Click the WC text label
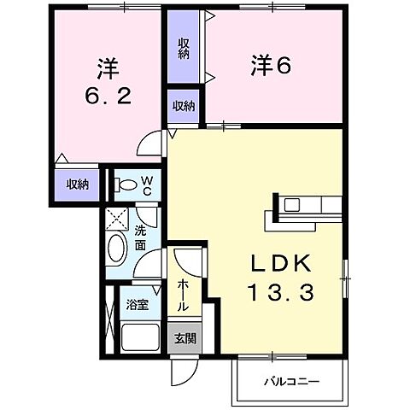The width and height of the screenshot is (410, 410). pos(147,185)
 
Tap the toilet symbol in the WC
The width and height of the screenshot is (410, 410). pos(126,184)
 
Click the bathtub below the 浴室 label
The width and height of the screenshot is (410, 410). pos(141,335)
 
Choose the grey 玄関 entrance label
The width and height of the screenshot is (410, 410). pos(184,337)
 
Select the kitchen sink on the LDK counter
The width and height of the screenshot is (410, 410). pos(292,204)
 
